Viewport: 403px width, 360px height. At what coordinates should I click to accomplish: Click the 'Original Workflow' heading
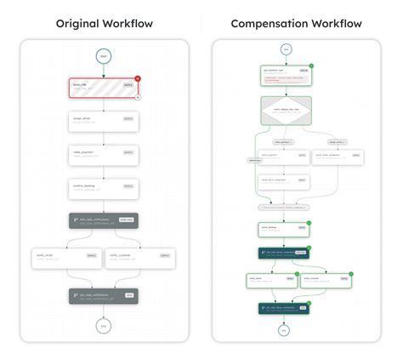[104, 23]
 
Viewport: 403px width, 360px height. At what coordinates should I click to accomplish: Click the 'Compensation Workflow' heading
[296, 23]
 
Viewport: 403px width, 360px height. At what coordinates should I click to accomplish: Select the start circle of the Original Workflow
[103, 57]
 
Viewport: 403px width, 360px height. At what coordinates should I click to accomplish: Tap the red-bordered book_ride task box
[103, 89]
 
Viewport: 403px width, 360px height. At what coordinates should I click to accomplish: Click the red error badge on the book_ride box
[137, 78]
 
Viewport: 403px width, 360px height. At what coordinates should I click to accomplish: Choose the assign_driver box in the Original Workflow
[103, 122]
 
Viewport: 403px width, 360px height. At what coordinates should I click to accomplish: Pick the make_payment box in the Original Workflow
[103, 154]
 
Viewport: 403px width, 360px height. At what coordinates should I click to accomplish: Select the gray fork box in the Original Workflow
[103, 221]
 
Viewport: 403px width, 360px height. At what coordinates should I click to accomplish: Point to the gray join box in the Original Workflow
[103, 296]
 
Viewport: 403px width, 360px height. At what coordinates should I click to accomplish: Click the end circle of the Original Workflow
[103, 325]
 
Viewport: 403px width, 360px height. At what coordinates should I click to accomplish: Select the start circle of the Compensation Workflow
[286, 49]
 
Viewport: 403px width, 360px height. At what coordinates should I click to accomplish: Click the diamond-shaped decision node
[286, 111]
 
